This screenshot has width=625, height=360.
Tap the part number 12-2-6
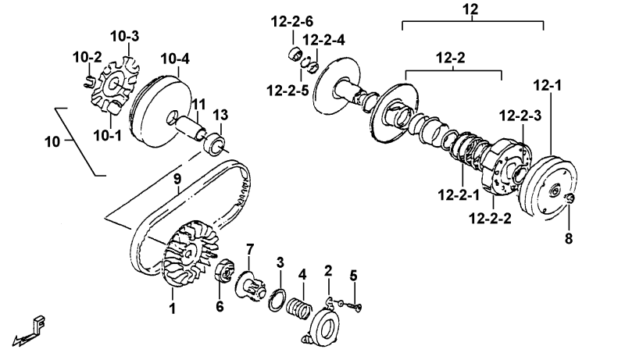[291, 21]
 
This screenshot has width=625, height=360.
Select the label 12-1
[548, 85]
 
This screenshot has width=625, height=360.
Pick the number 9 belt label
[177, 180]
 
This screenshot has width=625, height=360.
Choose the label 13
[221, 116]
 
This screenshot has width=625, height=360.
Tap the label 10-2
[87, 57]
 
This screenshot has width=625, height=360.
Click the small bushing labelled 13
[213, 144]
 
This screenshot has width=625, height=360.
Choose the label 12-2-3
[520, 116]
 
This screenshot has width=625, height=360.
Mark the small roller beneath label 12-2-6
[295, 52]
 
